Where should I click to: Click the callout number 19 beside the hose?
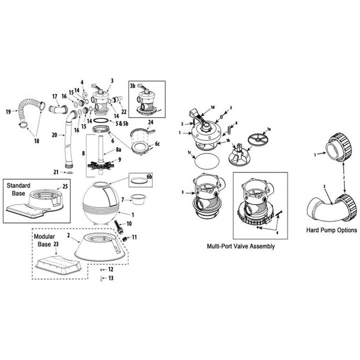(x=8, y=112)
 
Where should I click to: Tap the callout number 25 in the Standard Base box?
(x=65, y=186)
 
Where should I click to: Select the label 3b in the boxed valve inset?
(x=133, y=86)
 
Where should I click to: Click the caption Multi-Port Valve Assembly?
(x=241, y=246)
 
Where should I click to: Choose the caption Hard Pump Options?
(x=331, y=230)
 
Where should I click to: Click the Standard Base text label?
(x=18, y=189)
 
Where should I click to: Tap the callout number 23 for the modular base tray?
(x=56, y=244)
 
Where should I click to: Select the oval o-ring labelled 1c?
(x=207, y=161)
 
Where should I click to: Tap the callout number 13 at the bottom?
(x=111, y=278)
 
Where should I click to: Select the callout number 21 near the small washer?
(x=56, y=172)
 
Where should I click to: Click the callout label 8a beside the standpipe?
(x=118, y=150)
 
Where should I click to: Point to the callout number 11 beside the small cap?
(x=134, y=237)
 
